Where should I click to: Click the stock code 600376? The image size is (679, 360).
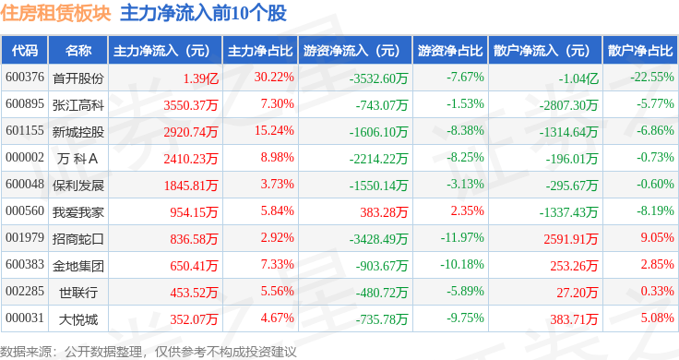click(25, 78)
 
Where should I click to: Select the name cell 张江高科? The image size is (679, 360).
click(78, 105)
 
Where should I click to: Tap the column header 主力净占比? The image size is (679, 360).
click(260, 51)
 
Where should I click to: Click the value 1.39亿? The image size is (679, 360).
click(200, 78)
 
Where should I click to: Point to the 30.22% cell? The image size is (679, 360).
click(274, 78)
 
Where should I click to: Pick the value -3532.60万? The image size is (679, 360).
click(378, 78)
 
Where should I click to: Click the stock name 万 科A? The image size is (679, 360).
click(77, 159)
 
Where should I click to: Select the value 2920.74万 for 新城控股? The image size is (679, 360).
click(191, 132)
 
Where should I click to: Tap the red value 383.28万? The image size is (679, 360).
click(384, 212)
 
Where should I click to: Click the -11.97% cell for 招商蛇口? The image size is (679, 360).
click(462, 237)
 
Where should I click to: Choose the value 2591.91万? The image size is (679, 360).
click(571, 239)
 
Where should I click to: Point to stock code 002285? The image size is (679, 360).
click(25, 291)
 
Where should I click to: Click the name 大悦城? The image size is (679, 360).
click(78, 319)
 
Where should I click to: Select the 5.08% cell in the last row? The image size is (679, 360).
click(658, 318)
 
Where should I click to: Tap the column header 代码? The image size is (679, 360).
click(25, 51)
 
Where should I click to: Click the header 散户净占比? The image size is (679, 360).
click(640, 51)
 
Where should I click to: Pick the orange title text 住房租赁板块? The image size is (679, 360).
click(56, 13)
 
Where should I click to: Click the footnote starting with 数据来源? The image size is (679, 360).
click(149, 352)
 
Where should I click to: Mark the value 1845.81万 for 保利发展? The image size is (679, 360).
click(191, 186)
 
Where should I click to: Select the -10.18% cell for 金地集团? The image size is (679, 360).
click(462, 264)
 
